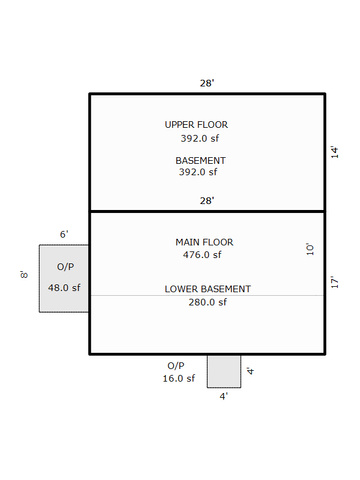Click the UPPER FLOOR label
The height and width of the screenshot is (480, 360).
[196, 125]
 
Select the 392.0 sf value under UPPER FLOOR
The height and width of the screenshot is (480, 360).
[200, 138]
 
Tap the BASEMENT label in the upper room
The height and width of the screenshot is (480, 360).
[200, 161]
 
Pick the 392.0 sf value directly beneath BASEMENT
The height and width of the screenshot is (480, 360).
[198, 172]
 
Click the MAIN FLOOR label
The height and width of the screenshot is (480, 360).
[204, 242]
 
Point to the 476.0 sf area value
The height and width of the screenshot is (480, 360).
[202, 255]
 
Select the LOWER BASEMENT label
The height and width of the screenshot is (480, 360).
[208, 289]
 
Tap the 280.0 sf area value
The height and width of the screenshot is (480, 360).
[208, 302]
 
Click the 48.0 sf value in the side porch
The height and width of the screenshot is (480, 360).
[64, 288]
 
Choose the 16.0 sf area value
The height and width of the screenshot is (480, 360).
[179, 379]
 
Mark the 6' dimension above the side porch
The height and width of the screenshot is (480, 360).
[64, 234]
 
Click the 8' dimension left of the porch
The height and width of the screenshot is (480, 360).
[24, 275]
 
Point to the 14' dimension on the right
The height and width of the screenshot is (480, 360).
[334, 152]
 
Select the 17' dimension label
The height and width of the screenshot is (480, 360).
[334, 282]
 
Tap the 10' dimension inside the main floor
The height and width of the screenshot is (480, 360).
[310, 249]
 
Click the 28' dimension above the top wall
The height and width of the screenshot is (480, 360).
[207, 83]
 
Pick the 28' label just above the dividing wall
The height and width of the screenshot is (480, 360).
[207, 201]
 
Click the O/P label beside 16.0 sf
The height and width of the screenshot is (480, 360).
[176, 366]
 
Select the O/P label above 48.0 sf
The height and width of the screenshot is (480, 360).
[65, 267]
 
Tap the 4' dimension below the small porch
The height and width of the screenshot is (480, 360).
[224, 396]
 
